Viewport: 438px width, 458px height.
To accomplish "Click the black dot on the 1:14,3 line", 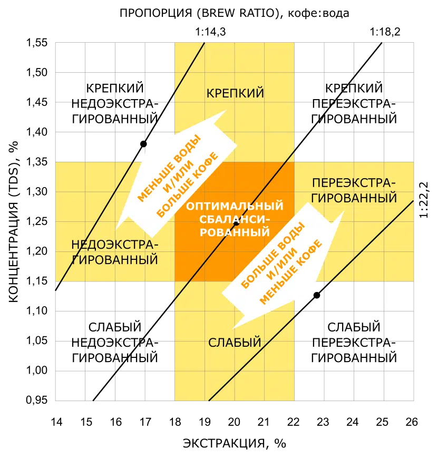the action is point(143,144).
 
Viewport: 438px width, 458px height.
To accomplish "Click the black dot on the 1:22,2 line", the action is point(317,295).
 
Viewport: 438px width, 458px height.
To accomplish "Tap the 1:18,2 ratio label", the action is point(385,32).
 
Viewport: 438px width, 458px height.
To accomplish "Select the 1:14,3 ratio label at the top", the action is point(210,32).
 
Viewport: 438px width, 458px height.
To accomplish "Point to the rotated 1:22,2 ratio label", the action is point(424,200).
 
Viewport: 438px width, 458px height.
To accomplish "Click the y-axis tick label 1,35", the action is point(37,162).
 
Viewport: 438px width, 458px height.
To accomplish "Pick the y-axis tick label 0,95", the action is point(37,400).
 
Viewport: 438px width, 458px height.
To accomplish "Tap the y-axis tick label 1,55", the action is point(37,43).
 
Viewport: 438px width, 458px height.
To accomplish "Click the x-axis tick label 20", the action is point(234,422).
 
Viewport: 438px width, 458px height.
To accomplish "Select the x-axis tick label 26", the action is point(412,422).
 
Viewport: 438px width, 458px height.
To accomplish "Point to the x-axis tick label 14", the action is point(56,422).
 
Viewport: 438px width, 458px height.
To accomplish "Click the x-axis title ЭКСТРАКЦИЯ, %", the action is point(235,443).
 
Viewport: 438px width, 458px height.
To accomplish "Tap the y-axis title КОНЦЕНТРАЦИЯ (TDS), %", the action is point(14,222).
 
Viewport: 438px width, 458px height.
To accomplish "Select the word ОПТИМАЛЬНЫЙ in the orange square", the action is point(235,206).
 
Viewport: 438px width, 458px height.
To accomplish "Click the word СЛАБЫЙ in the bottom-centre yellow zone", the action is point(235,343).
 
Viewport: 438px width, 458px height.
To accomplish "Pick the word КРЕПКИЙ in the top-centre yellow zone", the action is point(235,93).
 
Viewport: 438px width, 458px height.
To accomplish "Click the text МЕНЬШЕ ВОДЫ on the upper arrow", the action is point(170,168).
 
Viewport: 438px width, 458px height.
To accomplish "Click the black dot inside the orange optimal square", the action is point(236,223).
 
